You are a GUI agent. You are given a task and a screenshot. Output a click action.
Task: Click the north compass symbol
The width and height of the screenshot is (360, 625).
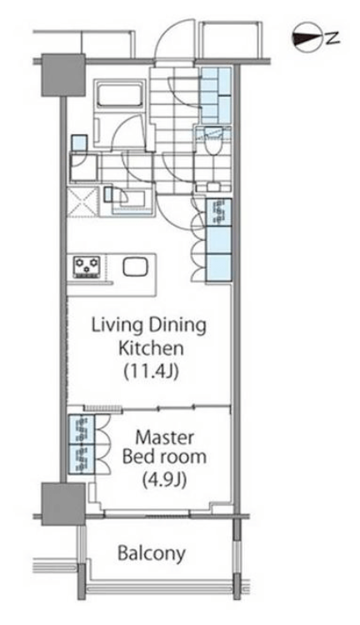pos(307,37)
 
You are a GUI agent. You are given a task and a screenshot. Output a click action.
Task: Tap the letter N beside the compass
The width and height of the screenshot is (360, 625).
pos(332,37)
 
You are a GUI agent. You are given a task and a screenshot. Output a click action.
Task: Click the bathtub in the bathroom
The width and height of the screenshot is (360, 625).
pos(120,94)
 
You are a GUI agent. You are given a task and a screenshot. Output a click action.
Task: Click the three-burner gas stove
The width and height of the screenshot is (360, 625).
pos(87,267)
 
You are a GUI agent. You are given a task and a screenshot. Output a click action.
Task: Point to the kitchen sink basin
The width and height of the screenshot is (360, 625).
pos(135,267)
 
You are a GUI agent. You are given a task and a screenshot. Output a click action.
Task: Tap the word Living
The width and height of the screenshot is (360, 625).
pos(117,326)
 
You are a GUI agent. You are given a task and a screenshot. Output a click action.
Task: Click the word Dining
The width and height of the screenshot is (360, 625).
pos(177,326)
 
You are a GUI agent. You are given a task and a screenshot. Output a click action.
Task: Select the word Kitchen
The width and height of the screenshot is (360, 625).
pos(151,348)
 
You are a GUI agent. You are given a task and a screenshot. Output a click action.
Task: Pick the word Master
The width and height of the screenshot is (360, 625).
pos(165,437)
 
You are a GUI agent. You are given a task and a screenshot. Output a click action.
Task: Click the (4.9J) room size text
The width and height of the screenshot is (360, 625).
pos(165,481)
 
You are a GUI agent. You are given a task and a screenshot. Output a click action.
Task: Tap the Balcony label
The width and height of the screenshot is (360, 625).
pos(152,553)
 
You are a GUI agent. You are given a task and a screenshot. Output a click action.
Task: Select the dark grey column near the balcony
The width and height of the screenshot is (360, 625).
pos(63,504)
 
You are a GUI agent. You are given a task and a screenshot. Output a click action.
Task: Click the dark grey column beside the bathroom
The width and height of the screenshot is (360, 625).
pos(63,75)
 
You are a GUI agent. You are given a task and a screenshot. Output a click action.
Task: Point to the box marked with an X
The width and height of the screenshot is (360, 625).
pos(82,202)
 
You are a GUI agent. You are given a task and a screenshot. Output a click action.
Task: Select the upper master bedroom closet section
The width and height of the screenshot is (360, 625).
pos(82,430)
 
